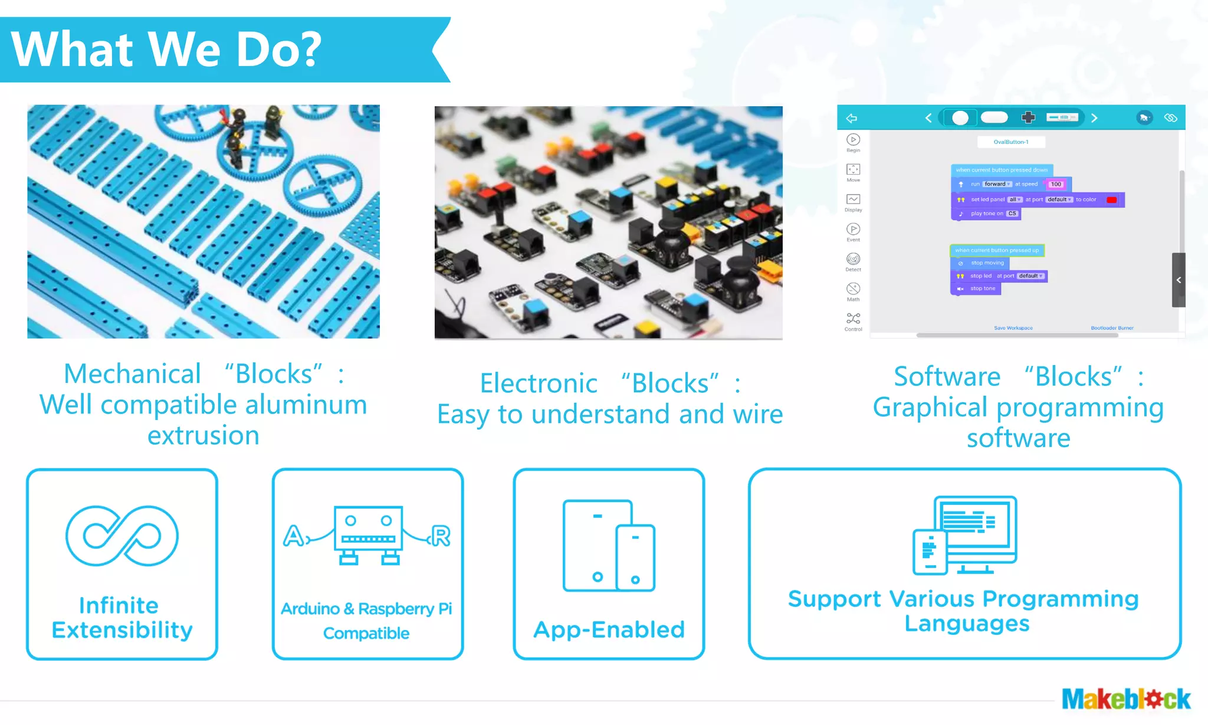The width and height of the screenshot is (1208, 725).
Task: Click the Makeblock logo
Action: pyautogui.click(x=1125, y=699)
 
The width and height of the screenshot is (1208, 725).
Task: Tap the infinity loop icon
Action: pyautogui.click(x=122, y=536)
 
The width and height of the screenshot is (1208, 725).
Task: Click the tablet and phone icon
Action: pyautogui.click(x=609, y=546)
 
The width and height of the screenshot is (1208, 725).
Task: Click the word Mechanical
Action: pyautogui.click(x=132, y=374)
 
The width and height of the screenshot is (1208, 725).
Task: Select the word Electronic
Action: pyautogui.click(x=539, y=383)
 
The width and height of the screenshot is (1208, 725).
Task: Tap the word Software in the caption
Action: pyautogui.click(x=947, y=376)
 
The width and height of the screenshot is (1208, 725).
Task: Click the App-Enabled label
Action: pyautogui.click(x=609, y=629)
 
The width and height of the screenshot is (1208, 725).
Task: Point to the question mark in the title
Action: pyautogui.click(x=309, y=50)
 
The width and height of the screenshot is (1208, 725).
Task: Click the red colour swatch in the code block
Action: pyautogui.click(x=1112, y=200)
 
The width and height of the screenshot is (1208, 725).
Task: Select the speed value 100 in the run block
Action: pyautogui.click(x=1056, y=184)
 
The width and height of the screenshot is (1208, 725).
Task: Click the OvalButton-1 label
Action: pyautogui.click(x=1011, y=142)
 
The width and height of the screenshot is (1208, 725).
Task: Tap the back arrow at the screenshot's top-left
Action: pyautogui.click(x=851, y=119)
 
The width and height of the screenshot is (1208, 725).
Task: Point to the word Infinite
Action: pyautogui.click(x=119, y=605)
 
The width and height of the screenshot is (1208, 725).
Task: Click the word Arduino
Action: pyautogui.click(x=310, y=609)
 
